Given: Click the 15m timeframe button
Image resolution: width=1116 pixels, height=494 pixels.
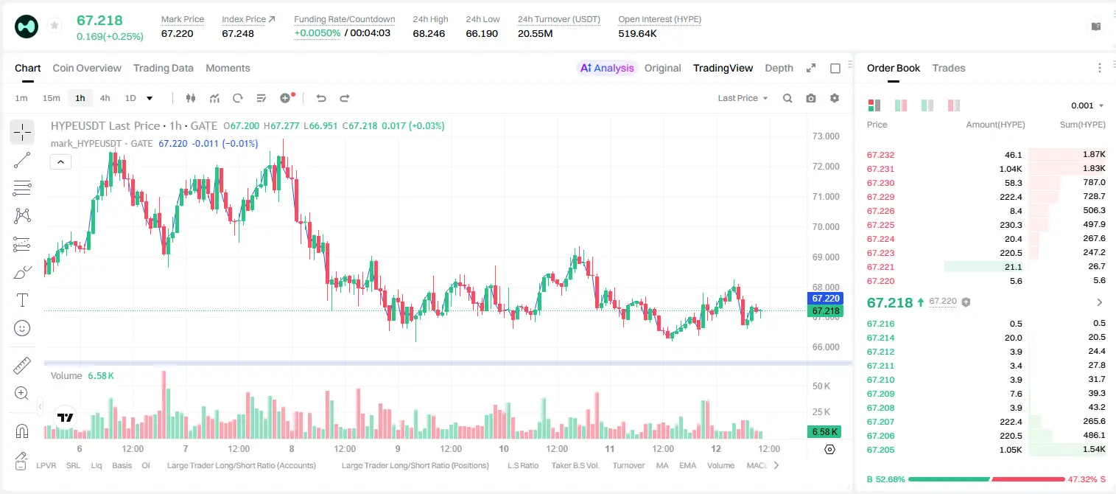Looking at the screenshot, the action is click(52, 98).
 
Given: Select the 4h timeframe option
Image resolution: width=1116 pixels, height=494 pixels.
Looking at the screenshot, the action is click(105, 98).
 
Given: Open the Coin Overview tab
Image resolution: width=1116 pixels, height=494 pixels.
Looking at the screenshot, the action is click(87, 68).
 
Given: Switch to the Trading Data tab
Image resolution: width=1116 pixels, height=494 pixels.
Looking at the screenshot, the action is click(163, 68).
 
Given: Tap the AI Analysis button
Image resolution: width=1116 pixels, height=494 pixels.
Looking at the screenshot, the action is click(607, 68).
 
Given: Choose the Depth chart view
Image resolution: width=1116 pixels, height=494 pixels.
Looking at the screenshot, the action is click(779, 68).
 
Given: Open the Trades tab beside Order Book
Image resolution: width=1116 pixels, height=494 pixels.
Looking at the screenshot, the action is click(949, 68).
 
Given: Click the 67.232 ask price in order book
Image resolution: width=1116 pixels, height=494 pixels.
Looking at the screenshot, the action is click(880, 155).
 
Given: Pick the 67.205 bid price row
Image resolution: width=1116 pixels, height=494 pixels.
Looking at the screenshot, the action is click(880, 450).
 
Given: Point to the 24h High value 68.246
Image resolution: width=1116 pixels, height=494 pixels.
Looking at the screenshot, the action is click(429, 33).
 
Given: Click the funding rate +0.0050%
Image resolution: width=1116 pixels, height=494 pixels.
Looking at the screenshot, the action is click(317, 33).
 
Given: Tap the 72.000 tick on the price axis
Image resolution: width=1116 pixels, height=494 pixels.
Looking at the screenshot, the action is click(826, 167).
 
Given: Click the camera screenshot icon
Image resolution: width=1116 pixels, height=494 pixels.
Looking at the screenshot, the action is click(811, 98).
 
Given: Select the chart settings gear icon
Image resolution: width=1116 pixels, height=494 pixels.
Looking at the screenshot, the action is click(835, 98).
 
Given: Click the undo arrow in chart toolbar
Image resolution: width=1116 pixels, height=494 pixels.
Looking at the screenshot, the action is click(321, 98).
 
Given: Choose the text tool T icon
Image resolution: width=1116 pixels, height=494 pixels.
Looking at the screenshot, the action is click(22, 300).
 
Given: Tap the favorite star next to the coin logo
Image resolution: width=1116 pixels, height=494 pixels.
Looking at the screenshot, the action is click(55, 25).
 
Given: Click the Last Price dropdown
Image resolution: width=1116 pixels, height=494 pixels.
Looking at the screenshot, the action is click(743, 98).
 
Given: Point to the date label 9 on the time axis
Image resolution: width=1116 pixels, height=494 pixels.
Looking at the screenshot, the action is click(398, 448).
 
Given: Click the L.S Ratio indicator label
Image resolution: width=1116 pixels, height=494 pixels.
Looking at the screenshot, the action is click(522, 465).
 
